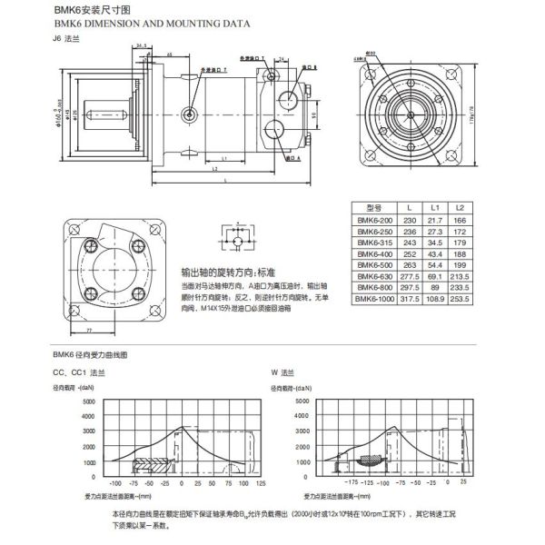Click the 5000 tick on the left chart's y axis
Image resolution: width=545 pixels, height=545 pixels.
click(x=90, y=401)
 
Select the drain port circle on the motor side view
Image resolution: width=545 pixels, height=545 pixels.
click(x=190, y=113)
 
